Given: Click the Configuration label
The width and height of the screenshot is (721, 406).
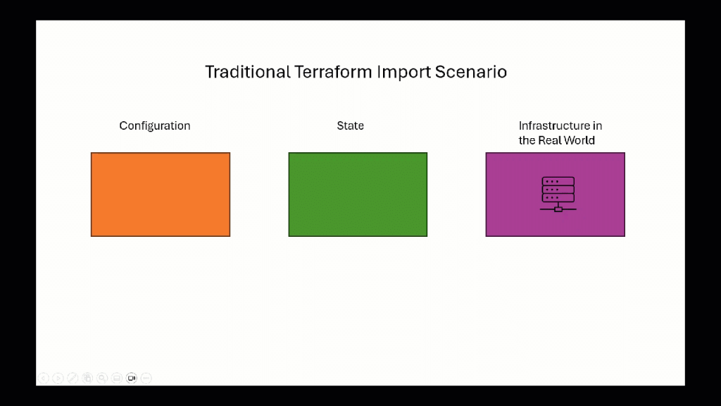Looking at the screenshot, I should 155,125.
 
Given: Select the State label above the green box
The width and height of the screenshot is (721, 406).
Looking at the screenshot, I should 350,125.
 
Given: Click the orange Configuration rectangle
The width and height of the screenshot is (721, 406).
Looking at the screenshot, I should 161,195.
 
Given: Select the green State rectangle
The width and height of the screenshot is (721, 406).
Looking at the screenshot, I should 358,195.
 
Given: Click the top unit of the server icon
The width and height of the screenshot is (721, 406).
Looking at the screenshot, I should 558,181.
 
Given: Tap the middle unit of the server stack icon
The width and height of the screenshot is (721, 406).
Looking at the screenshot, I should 558,190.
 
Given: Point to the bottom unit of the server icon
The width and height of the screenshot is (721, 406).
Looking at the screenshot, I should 558,198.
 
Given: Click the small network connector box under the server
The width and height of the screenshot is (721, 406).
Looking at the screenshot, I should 558,209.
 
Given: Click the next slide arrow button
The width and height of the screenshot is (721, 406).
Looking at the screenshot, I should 58,379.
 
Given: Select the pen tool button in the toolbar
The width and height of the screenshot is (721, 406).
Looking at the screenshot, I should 73,379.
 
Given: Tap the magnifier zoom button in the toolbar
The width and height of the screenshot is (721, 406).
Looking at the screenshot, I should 102,379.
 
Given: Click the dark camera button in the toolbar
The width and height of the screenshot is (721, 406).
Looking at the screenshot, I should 132,379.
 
